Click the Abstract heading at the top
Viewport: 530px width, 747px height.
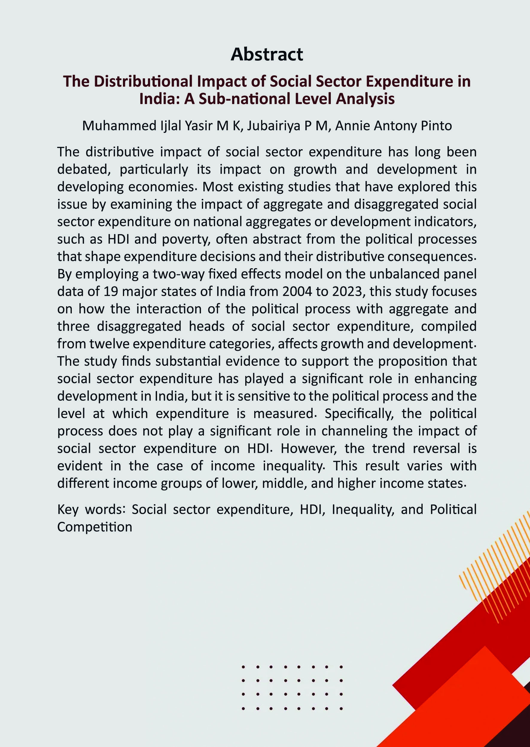click(x=266, y=54)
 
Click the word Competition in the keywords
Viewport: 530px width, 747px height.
click(x=95, y=527)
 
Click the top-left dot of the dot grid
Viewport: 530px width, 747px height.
click(x=243, y=667)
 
